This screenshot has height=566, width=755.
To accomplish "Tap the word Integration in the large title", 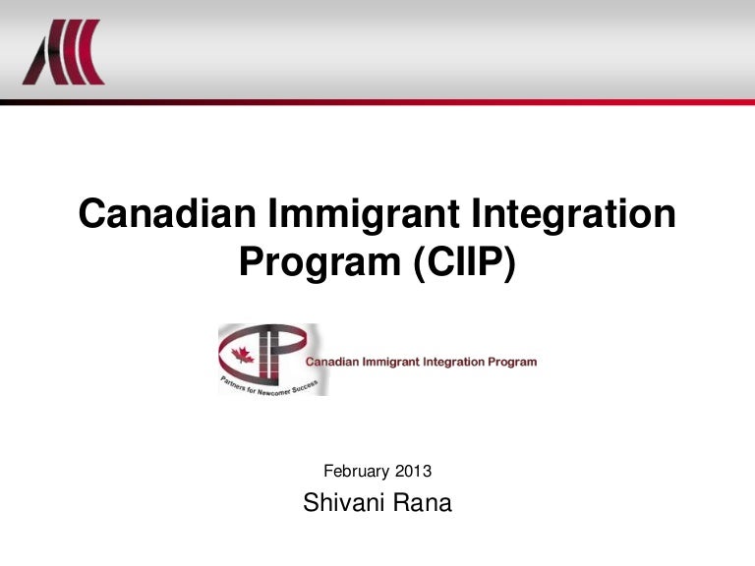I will (581, 213).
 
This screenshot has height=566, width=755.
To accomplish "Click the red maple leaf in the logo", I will (243, 354).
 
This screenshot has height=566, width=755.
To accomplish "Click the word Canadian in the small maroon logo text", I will (334, 362).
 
